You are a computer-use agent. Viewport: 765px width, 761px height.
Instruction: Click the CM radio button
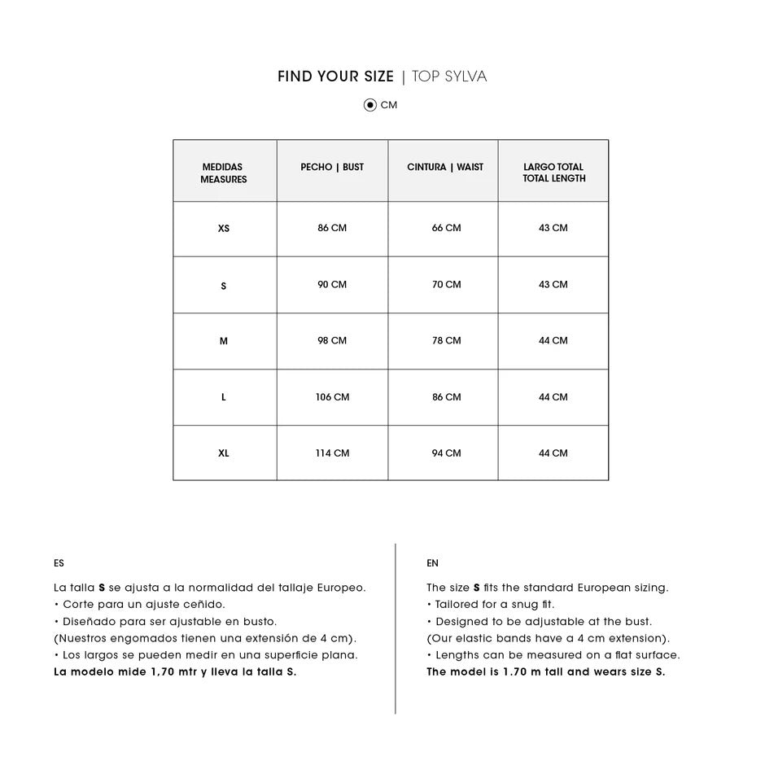[370, 105]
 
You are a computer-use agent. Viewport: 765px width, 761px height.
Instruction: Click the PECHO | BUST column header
[332, 168]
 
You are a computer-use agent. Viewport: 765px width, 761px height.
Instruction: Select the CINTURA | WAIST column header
[445, 168]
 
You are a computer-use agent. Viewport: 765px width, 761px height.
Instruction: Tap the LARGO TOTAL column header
[553, 173]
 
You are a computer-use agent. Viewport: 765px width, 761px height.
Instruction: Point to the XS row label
[224, 229]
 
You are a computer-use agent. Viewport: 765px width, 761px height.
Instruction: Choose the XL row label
[224, 453]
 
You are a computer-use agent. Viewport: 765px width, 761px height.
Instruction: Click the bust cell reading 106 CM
[332, 397]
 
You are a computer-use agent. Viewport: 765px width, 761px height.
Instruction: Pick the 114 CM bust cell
[332, 453]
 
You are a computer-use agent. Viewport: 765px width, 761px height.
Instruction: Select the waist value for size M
[446, 341]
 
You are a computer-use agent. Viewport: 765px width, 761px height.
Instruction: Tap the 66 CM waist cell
[446, 229]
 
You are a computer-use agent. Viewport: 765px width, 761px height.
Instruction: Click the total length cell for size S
[553, 285]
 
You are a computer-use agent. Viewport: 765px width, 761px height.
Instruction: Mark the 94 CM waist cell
[446, 453]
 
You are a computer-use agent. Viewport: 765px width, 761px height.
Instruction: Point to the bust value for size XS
[332, 229]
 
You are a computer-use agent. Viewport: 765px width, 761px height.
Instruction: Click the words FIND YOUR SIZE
[335, 77]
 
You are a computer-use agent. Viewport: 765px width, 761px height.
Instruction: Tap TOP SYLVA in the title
[449, 77]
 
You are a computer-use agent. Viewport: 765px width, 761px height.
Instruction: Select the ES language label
[59, 563]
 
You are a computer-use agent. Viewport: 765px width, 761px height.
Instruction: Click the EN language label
[432, 563]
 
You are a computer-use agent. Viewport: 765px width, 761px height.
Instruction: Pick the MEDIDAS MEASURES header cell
[224, 173]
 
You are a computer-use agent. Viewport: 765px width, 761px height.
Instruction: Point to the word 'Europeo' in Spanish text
[339, 588]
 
